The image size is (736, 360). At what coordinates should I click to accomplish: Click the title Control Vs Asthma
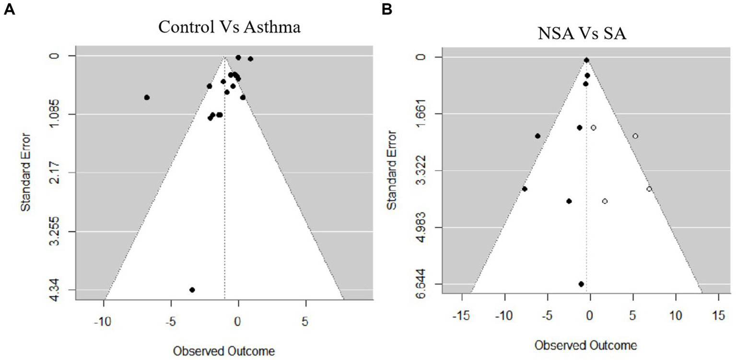[x=229, y=27]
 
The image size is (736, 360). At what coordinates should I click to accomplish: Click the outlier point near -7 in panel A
[x=147, y=97]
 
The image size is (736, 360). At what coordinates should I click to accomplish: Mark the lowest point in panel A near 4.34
[x=192, y=290]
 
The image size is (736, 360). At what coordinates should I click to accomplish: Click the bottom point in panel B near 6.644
[x=581, y=284]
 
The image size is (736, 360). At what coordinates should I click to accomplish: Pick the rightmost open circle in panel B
[x=649, y=189]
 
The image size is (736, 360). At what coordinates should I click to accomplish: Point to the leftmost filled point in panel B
[x=525, y=189]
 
